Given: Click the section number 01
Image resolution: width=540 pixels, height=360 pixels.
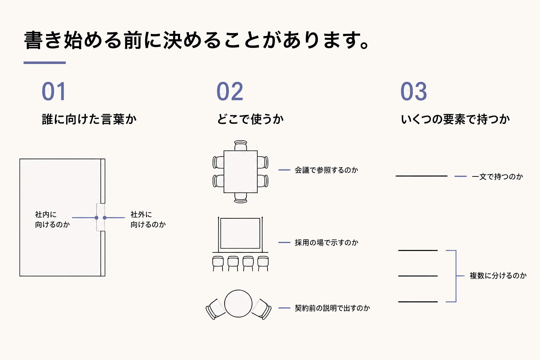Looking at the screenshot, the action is pyautogui.click(x=54, y=91).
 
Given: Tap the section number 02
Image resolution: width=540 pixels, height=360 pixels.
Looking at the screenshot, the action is pyautogui.click(x=230, y=91).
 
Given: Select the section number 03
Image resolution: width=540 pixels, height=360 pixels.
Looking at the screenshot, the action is pyautogui.click(x=414, y=91).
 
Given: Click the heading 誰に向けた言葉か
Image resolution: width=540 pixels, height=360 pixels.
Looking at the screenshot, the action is pyautogui.click(x=89, y=119).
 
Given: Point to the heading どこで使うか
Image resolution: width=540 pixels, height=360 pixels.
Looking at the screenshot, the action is pyautogui.click(x=250, y=119).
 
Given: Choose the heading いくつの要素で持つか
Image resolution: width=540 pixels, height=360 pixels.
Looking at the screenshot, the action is pyautogui.click(x=455, y=119).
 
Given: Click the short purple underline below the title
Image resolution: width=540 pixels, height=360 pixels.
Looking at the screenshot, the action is pyautogui.click(x=45, y=63).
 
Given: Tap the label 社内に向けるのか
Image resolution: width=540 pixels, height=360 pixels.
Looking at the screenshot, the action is pyautogui.click(x=52, y=219).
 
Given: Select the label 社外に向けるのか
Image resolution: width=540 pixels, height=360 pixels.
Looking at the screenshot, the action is pyautogui.click(x=148, y=219).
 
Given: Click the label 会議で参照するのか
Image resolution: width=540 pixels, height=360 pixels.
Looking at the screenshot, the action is pyautogui.click(x=326, y=170).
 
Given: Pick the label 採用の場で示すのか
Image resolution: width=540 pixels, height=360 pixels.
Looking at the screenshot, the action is pyautogui.click(x=326, y=243).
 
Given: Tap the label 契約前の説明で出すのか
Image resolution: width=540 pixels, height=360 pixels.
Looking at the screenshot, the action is pyautogui.click(x=332, y=308).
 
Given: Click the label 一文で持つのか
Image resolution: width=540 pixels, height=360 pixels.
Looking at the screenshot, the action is pyautogui.click(x=497, y=177).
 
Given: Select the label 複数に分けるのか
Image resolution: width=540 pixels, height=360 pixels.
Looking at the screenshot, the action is pyautogui.click(x=498, y=276).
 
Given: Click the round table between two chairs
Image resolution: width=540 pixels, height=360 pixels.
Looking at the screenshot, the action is pyautogui.click(x=238, y=304).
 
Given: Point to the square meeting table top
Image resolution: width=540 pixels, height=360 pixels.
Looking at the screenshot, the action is pyautogui.click(x=240, y=172).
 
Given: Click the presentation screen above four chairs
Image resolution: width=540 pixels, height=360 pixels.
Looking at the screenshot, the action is pyautogui.click(x=240, y=233).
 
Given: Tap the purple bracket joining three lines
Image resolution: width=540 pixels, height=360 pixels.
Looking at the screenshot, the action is pyautogui.click(x=456, y=276).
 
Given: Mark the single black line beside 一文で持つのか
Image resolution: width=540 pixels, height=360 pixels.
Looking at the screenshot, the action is pyautogui.click(x=422, y=176).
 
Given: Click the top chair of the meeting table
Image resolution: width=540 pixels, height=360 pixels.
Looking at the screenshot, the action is pyautogui.click(x=240, y=146).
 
